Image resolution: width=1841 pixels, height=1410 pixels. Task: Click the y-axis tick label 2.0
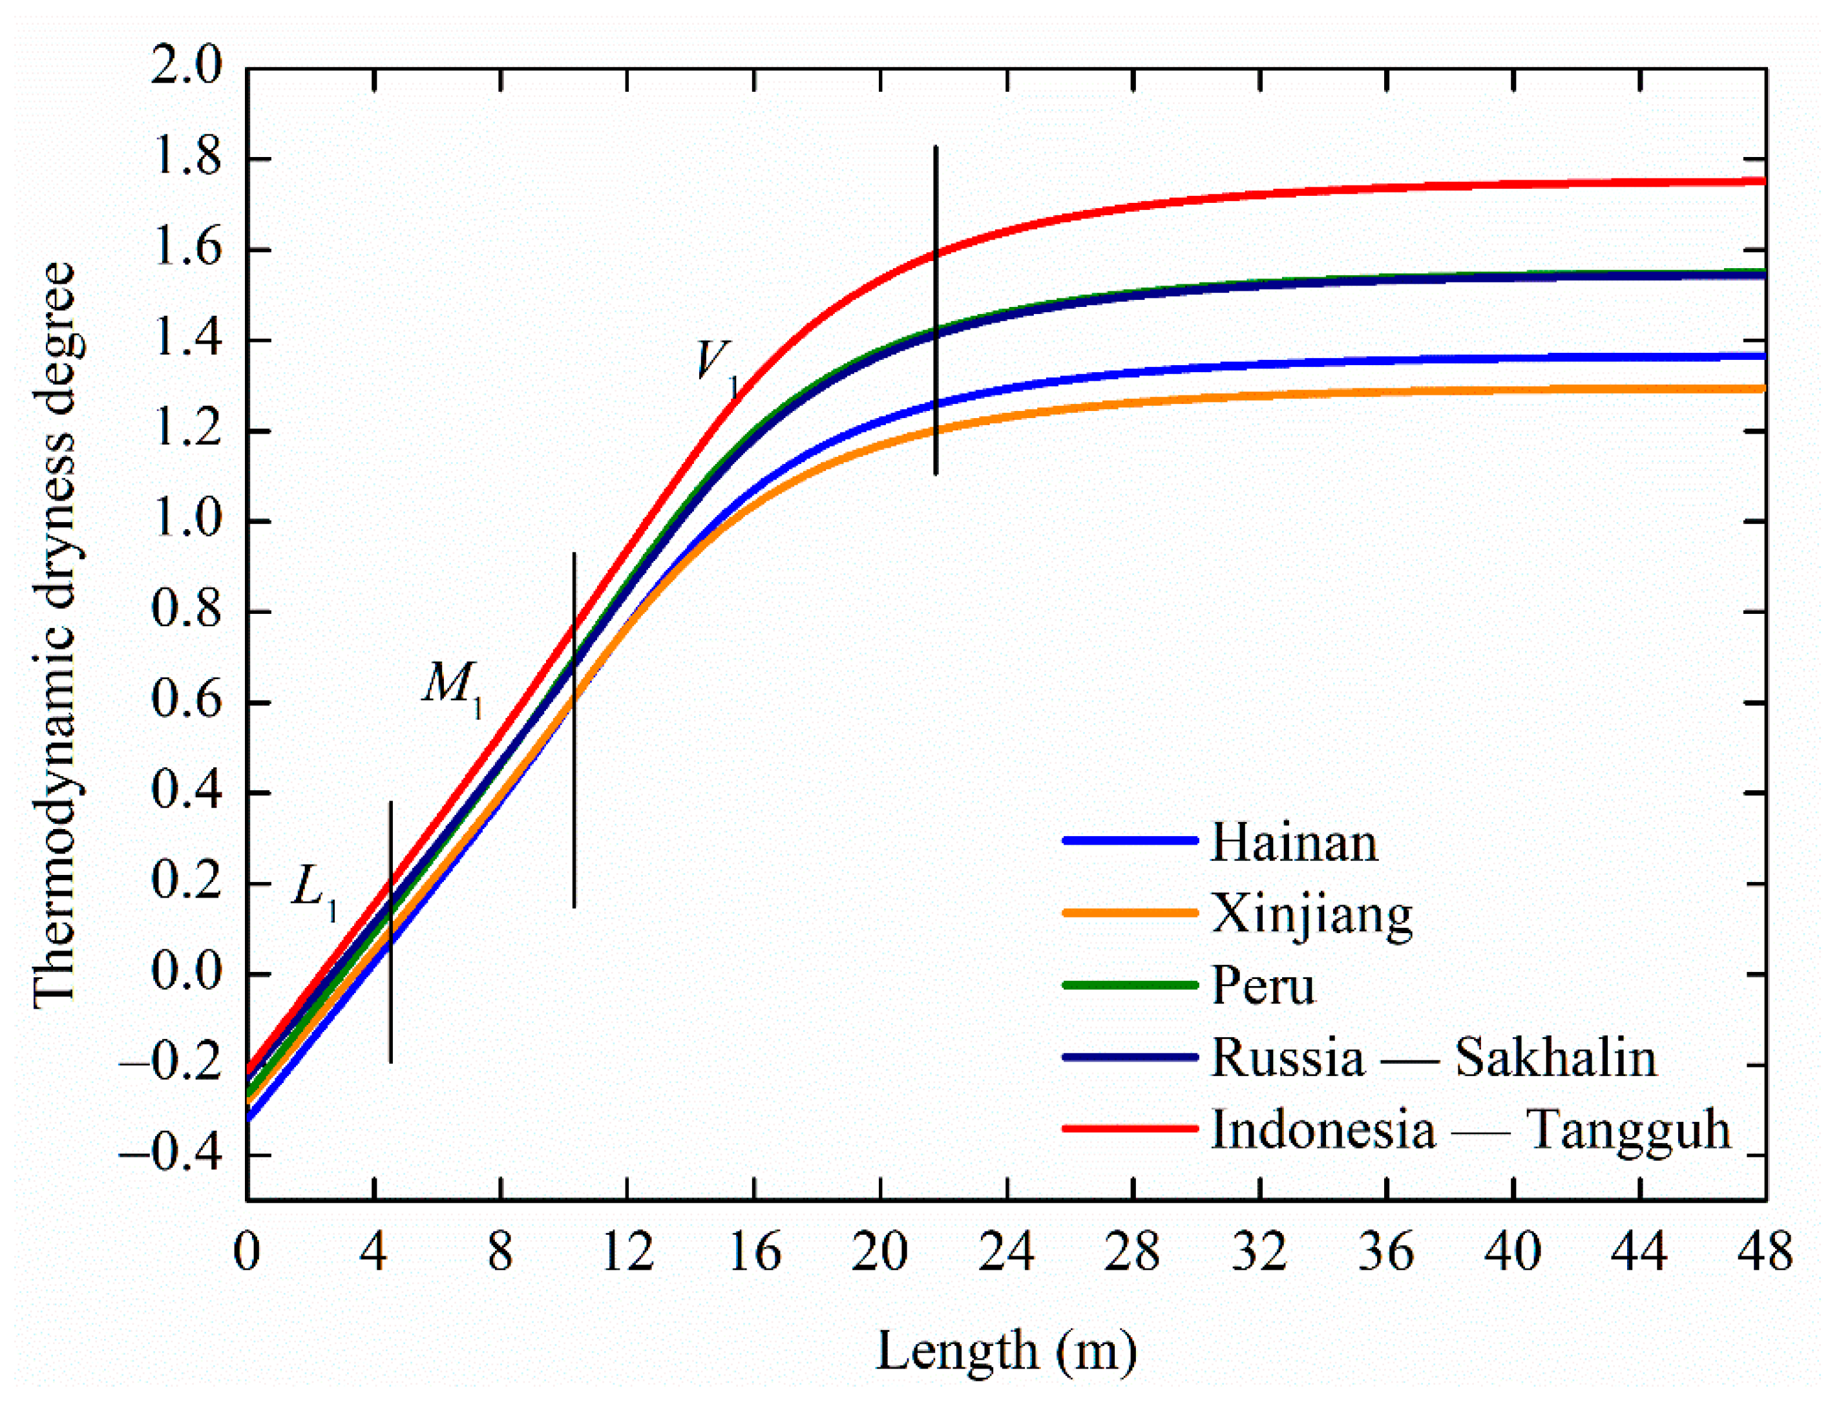tap(186, 65)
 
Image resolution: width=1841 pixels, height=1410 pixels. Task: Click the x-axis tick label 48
tap(1764, 1252)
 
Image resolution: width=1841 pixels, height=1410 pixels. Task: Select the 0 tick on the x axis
tap(247, 1252)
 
